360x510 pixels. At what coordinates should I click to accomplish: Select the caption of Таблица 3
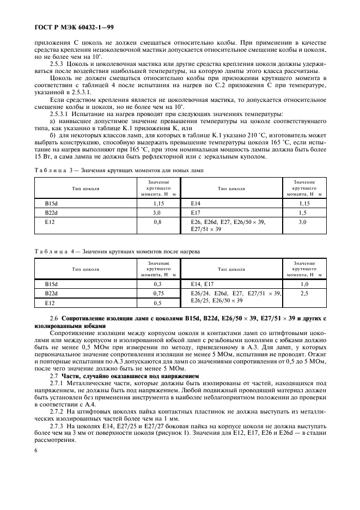(119, 171)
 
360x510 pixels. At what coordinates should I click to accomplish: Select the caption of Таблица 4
(117, 252)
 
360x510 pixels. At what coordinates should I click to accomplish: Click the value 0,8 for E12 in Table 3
(157, 222)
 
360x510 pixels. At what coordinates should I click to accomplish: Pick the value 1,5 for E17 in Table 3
(303, 212)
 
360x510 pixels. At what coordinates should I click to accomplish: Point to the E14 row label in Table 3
(196, 203)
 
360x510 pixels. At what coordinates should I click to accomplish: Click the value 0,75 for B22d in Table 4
(157, 293)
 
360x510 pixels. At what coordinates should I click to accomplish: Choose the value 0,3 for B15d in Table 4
(157, 284)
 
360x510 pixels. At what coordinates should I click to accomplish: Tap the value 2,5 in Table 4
(303, 293)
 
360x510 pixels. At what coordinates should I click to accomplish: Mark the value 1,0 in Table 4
(303, 284)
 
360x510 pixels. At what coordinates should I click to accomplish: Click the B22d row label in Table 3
(51, 212)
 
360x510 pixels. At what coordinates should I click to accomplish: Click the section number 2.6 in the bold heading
(54, 318)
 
